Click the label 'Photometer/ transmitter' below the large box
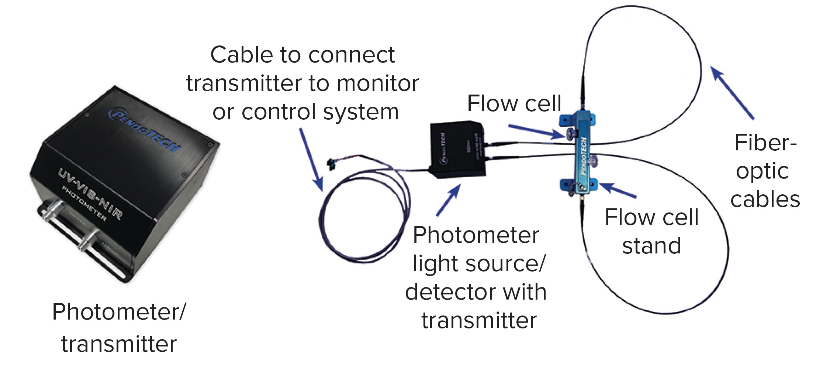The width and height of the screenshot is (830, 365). [x=119, y=327]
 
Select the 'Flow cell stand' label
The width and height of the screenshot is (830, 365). [x=651, y=231]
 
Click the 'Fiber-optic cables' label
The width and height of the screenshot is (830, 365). [x=765, y=171]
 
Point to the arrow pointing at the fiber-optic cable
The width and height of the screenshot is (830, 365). [x=732, y=92]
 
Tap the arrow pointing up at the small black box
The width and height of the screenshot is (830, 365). [x=449, y=199]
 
